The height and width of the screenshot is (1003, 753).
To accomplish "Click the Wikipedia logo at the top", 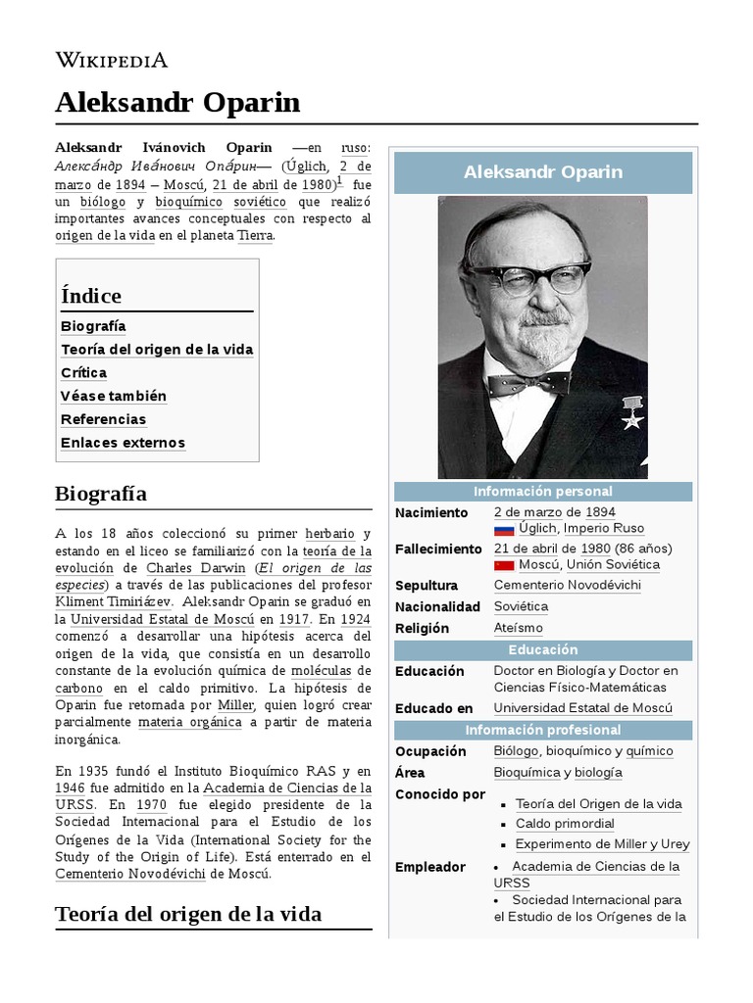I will click(111, 60).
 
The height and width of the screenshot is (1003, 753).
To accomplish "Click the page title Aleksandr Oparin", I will click(177, 103).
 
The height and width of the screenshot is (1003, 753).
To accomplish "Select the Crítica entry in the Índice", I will click(84, 373).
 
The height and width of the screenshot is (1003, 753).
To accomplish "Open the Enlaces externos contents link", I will click(123, 443).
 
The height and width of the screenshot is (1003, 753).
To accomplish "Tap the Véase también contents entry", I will click(114, 397).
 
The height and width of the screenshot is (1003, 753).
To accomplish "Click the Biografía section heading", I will click(101, 494).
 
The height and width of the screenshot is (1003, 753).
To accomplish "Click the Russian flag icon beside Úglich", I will click(504, 530).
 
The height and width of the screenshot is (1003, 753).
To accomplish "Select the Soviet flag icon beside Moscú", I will click(504, 566).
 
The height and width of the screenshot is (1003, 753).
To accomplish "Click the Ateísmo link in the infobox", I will click(518, 628).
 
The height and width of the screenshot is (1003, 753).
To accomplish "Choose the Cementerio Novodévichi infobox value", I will click(568, 586).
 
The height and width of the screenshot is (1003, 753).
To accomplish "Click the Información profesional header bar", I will click(543, 730).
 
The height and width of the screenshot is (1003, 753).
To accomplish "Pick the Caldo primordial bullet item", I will click(565, 824).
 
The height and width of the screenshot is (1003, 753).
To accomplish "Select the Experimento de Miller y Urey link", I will click(602, 844).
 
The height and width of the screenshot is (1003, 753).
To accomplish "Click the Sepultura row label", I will click(427, 586).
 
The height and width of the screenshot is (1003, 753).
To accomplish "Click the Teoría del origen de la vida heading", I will click(188, 914).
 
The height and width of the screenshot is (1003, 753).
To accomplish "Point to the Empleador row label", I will click(430, 867).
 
